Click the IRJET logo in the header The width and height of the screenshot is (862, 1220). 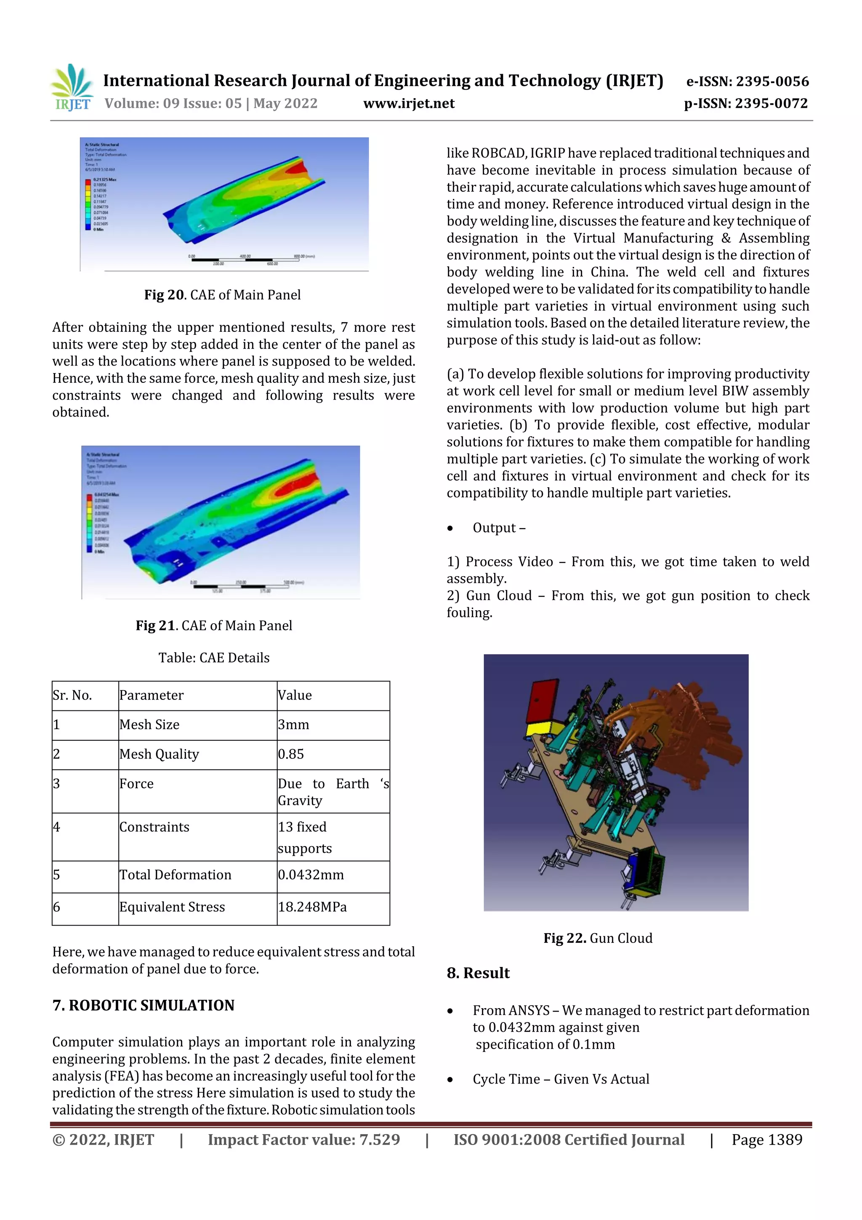[x=73, y=88]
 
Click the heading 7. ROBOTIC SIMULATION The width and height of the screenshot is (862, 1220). [x=144, y=1005]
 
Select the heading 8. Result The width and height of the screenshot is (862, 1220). [x=478, y=973]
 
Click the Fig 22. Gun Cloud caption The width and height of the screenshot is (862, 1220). [x=598, y=938]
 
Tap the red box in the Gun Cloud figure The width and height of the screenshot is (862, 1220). [x=542, y=700]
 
